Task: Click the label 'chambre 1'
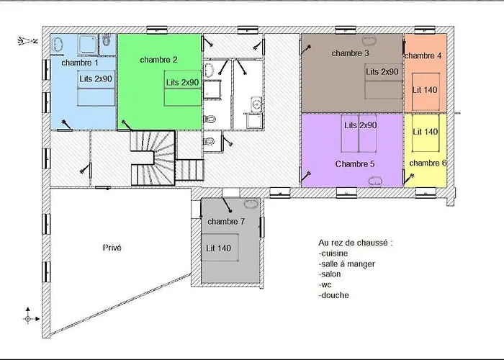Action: tap(80, 63)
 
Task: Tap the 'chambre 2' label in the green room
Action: tap(159, 60)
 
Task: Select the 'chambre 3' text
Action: tap(350, 53)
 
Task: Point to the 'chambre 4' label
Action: tap(423, 55)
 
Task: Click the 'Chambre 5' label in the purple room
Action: tap(355, 164)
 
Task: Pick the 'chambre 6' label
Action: tap(428, 163)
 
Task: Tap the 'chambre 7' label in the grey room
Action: tap(226, 222)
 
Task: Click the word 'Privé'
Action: tap(112, 248)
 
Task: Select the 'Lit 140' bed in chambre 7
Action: tap(220, 248)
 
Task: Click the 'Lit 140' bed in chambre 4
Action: tap(426, 91)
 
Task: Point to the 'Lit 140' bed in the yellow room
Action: tap(426, 132)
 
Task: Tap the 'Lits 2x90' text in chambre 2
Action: tap(182, 82)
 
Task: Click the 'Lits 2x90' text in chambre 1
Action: tap(96, 78)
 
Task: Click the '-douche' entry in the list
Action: tap(333, 295)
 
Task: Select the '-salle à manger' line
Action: tap(347, 264)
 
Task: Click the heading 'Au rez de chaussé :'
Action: tap(356, 243)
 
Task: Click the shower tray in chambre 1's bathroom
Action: tap(87, 45)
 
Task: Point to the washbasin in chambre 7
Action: tap(251, 203)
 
